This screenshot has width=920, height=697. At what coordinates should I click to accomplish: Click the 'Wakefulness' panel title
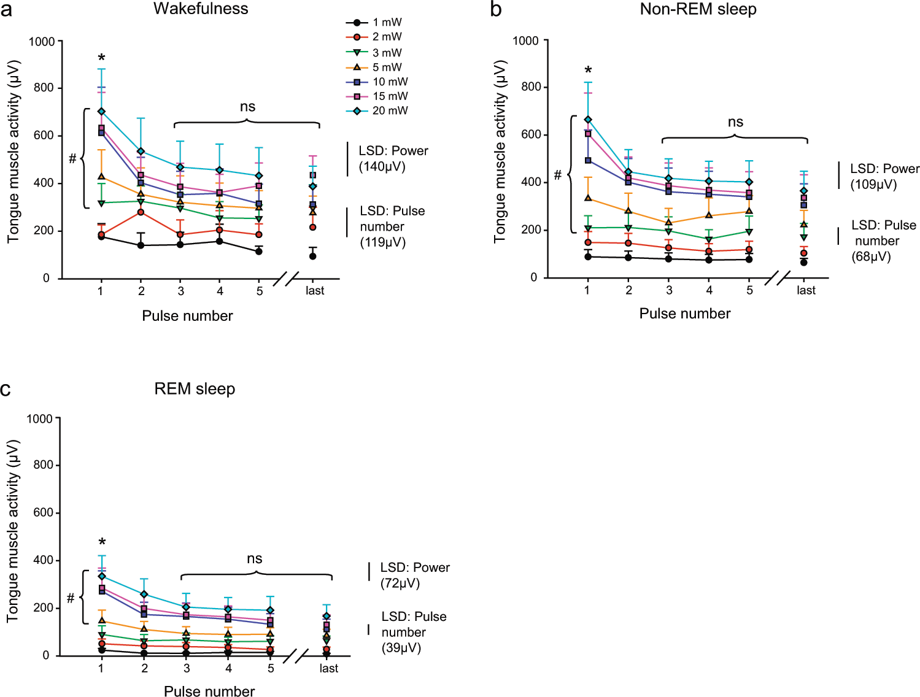201,9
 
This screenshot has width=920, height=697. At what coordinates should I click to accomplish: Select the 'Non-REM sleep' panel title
698,9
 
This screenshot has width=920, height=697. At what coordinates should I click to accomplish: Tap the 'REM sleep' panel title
195,389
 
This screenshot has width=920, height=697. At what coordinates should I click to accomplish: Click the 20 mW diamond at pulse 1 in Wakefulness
101,111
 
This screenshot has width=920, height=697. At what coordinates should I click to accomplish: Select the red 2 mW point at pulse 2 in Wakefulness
141,212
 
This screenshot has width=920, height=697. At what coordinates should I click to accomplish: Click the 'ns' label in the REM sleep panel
255,559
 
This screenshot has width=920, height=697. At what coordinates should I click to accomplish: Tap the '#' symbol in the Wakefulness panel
72,160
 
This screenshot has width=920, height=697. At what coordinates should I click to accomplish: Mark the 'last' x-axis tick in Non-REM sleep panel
806,290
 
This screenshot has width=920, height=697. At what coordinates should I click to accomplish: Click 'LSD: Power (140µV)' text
393,159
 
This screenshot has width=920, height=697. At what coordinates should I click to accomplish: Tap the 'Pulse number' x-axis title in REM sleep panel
209,691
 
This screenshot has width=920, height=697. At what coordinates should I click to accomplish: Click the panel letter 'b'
496,10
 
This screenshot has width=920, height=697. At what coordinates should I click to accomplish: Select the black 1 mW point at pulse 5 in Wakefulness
259,251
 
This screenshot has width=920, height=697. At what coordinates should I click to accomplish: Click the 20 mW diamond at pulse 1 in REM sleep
102,576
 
